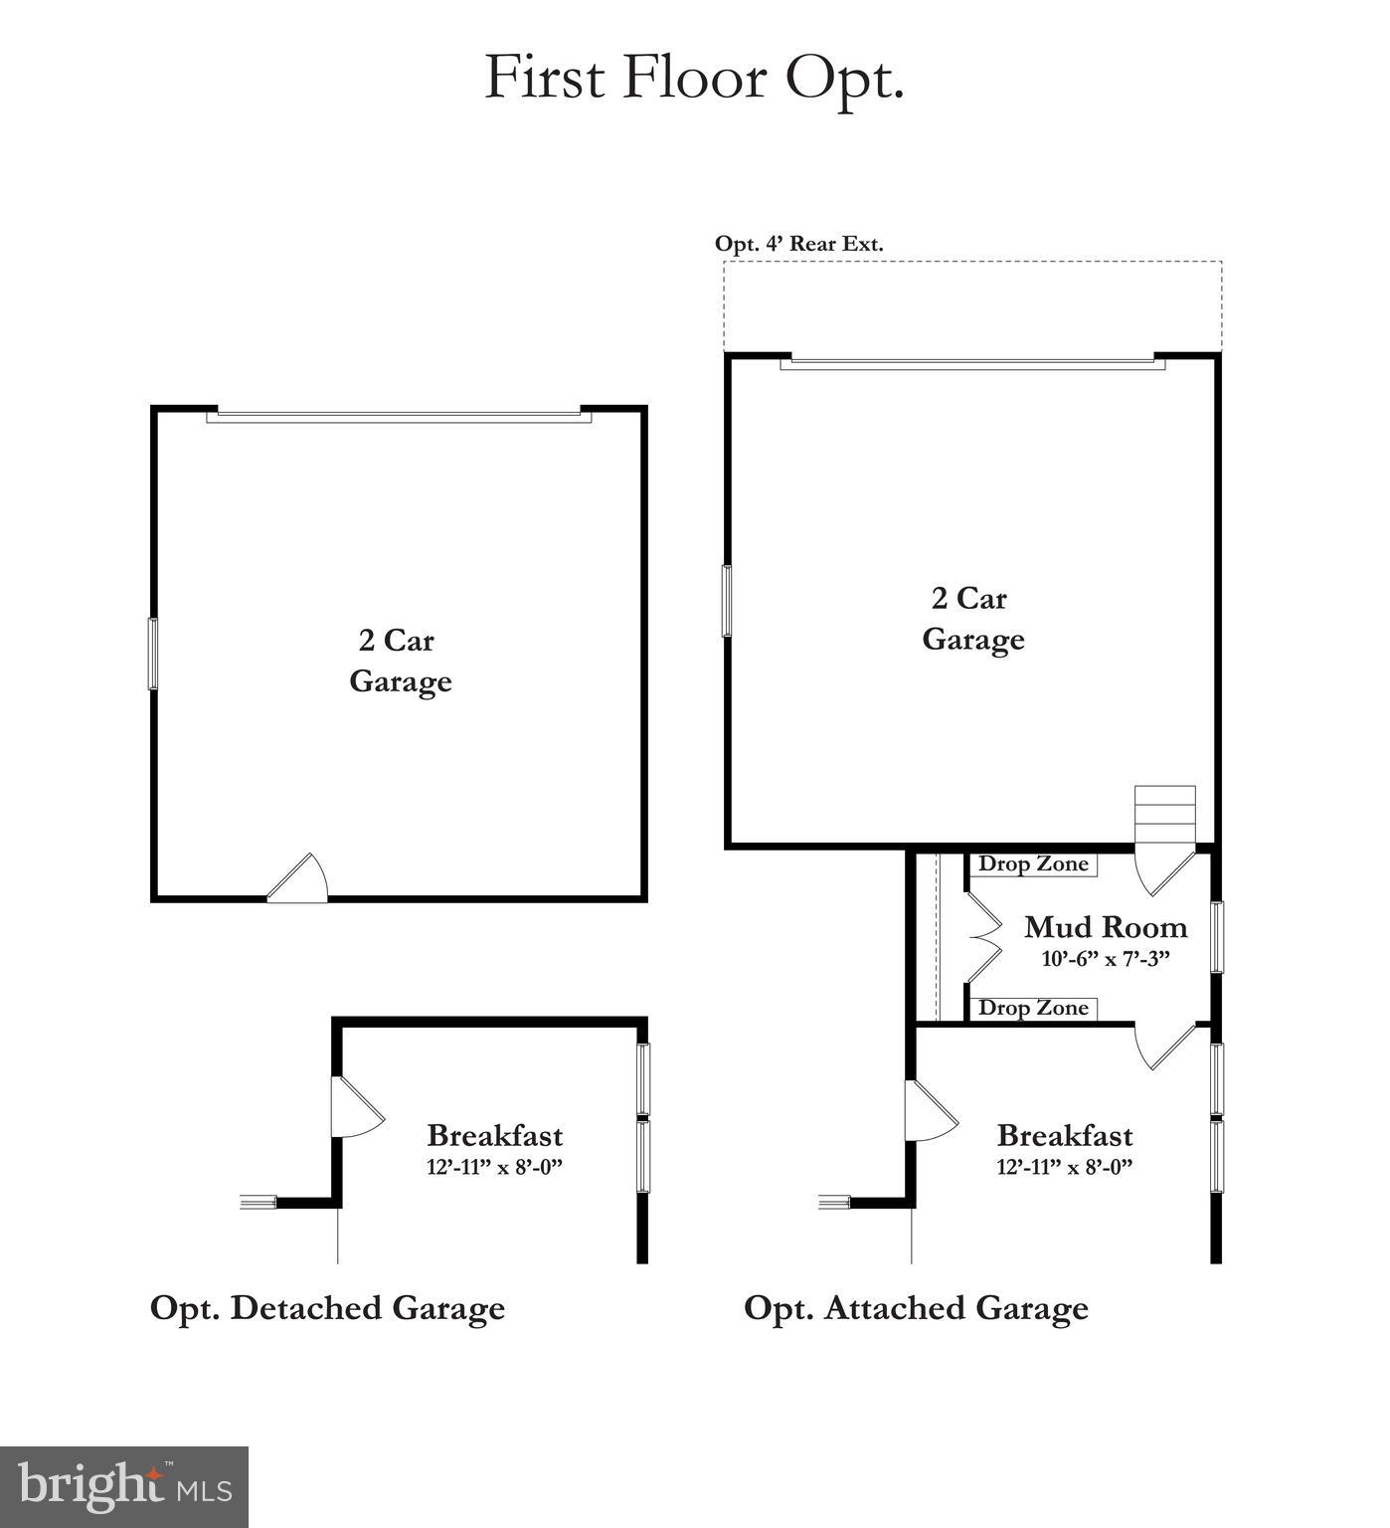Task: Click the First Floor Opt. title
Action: tap(693, 79)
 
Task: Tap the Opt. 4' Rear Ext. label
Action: tap(798, 244)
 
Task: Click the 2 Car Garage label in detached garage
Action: tap(400, 661)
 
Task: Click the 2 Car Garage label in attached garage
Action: tap(972, 618)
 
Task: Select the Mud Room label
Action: tap(1106, 927)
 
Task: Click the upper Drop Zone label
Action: tap(1033, 863)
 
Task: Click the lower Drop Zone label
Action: tap(1033, 1008)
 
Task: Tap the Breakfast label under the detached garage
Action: tap(494, 1135)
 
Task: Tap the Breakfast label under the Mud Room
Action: tap(1064, 1135)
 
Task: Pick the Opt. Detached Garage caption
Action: tap(327, 1307)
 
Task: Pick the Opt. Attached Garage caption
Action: tap(916, 1307)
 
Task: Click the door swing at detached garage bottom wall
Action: tap(299, 880)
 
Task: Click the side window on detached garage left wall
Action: tap(153, 653)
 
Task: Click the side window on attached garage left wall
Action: tap(727, 601)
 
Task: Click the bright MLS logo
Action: tap(124, 1487)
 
